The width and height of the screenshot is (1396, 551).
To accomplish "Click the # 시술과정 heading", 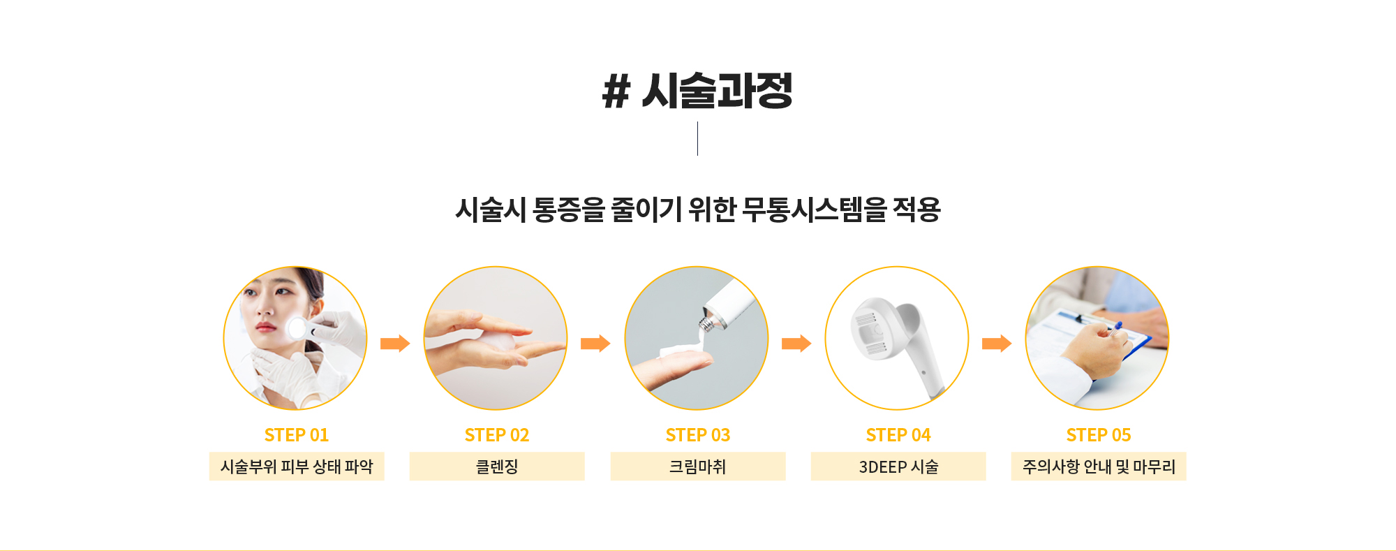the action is tap(697, 91).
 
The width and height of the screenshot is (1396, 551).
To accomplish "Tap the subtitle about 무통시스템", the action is tap(698, 210).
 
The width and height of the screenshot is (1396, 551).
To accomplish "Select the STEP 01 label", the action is tap(297, 435).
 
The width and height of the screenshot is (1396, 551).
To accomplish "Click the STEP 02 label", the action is tap(497, 435).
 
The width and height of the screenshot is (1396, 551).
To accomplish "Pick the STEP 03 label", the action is tap(698, 435).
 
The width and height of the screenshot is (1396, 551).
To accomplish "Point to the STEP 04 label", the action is tap(898, 435).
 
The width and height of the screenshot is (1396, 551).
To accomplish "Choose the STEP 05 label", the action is tap(1099, 435).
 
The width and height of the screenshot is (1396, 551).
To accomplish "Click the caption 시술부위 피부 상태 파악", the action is tap(297, 466).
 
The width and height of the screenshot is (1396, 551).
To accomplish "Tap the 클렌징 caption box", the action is tap(497, 466).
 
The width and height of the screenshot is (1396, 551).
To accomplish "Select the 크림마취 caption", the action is tap(698, 466).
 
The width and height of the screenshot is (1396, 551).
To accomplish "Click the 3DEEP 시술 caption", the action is tap(898, 466).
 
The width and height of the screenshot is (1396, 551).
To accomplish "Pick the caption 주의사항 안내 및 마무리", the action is tap(1099, 466).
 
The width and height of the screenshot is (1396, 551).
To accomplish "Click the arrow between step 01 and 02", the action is tap(395, 343).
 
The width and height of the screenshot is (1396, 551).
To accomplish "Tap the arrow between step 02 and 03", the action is tap(595, 343).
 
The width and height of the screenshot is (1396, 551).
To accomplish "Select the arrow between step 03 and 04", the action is tap(796, 343).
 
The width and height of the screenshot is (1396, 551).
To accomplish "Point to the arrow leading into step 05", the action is tap(997, 343).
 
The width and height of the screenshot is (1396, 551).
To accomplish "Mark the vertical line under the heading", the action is tap(697, 138).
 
